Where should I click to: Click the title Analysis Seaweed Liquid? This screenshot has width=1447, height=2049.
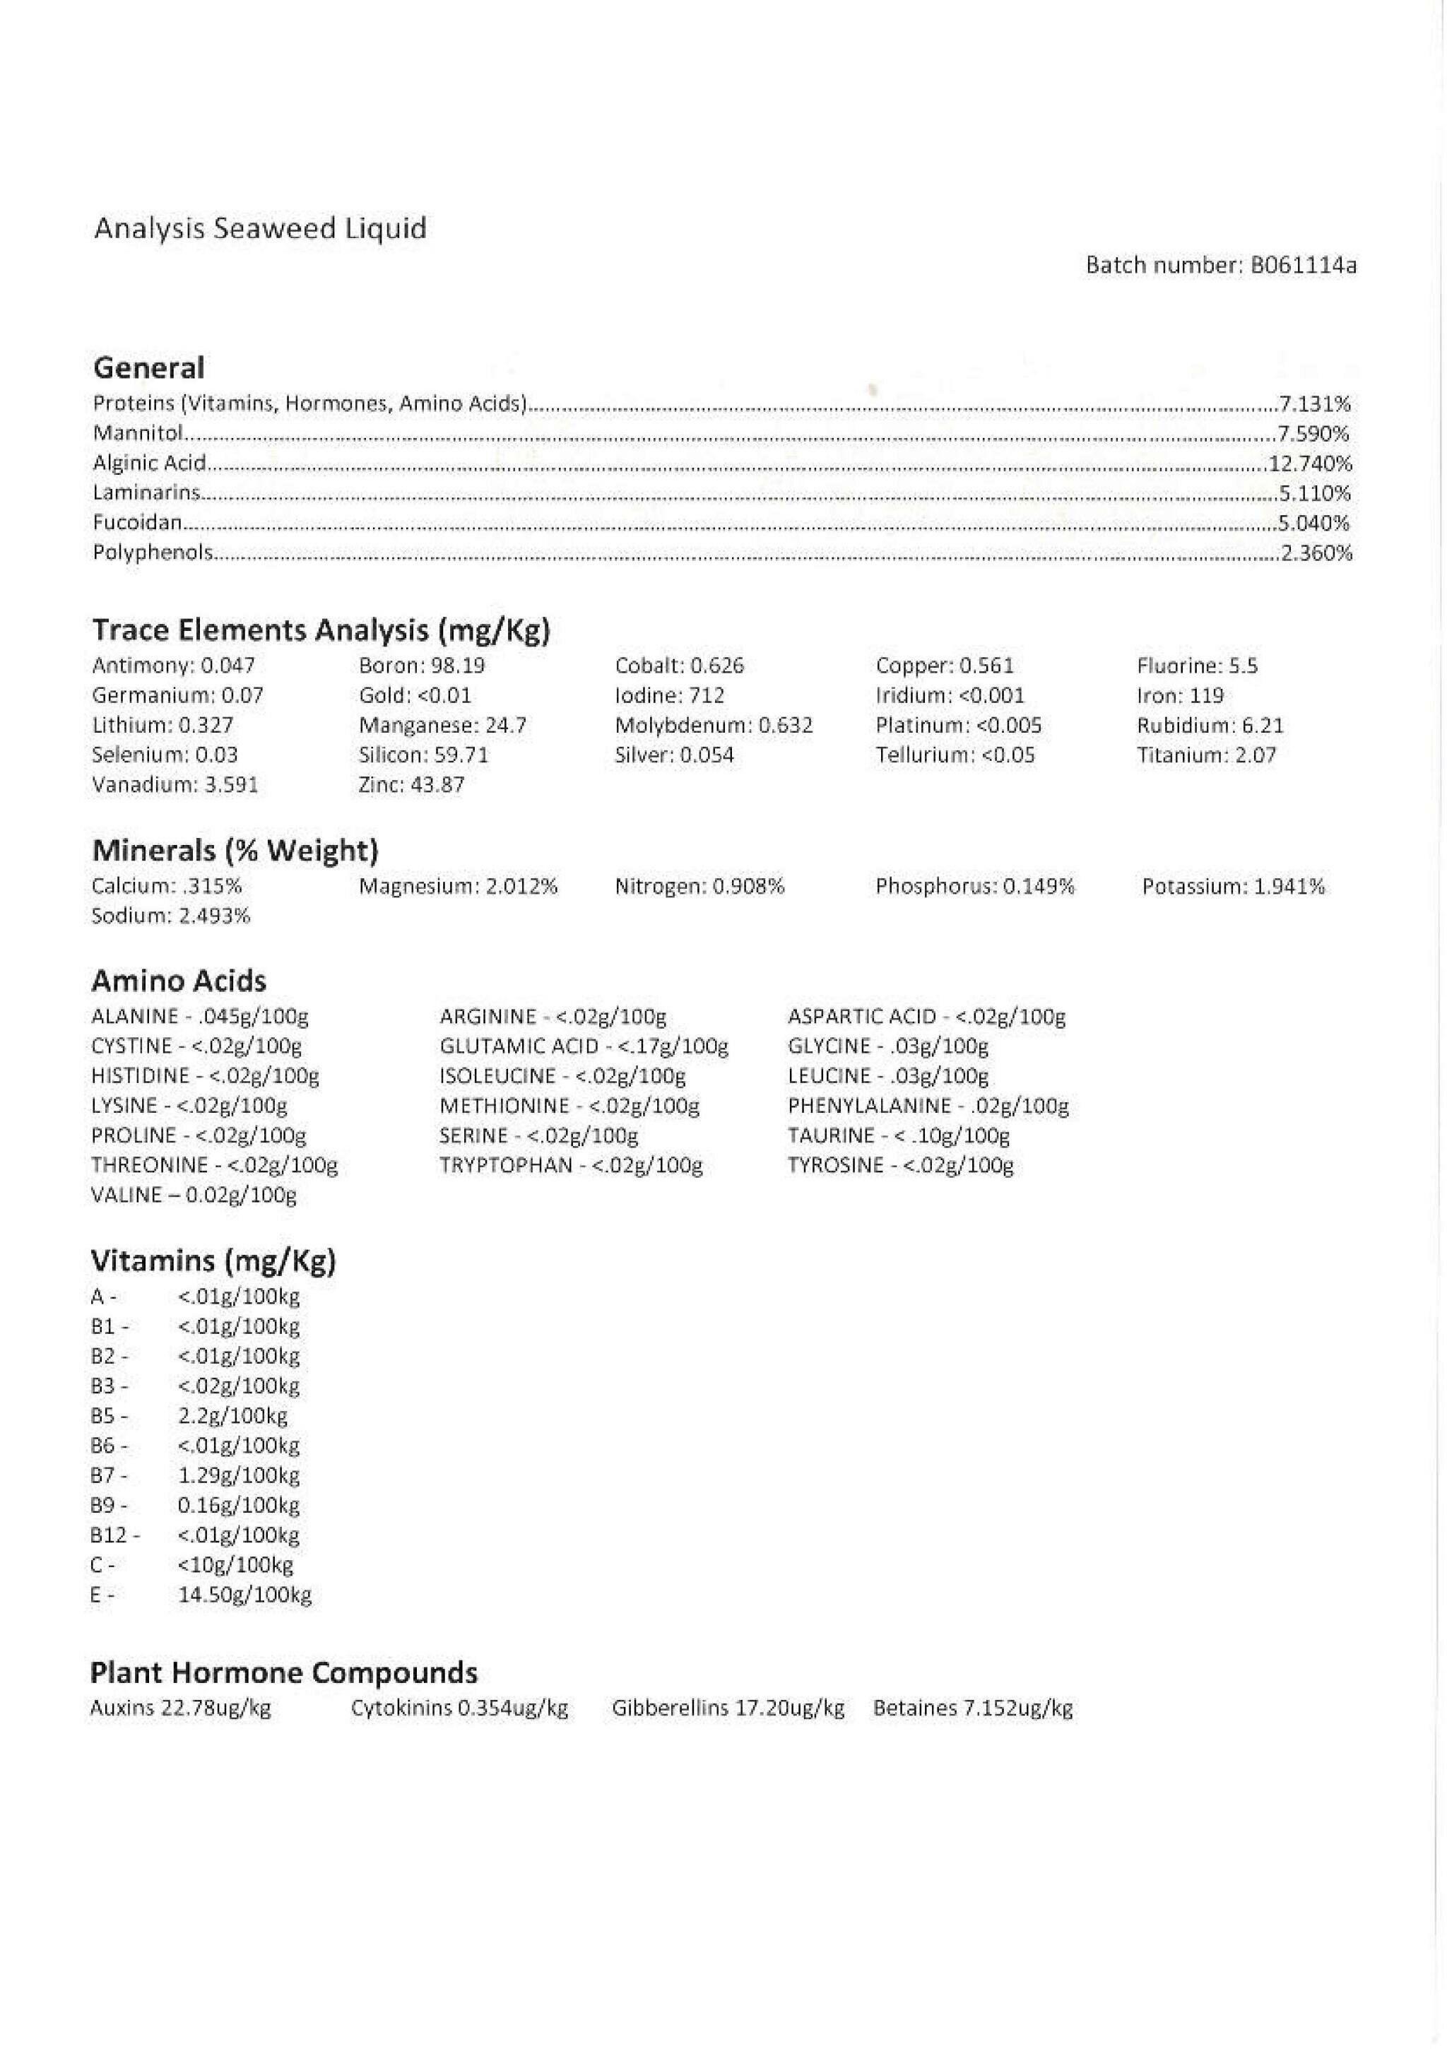point(260,230)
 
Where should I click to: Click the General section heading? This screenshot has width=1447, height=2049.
point(149,367)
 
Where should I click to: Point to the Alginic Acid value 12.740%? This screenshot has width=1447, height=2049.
point(1309,463)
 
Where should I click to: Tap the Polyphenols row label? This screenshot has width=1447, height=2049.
point(153,553)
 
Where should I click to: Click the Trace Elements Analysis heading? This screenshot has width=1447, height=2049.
point(321,631)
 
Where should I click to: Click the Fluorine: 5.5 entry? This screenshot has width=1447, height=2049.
point(1197,666)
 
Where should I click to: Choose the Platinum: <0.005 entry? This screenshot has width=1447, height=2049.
point(959,726)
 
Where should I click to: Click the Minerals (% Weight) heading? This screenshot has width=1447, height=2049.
point(236,851)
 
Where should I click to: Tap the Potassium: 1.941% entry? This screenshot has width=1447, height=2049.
point(1234,886)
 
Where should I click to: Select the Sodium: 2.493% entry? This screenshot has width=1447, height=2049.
point(170,916)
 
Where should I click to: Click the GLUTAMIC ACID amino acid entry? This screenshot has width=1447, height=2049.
point(584,1046)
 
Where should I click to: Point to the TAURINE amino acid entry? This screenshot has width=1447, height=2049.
point(898,1135)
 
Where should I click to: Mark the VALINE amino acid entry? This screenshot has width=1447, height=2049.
point(194,1195)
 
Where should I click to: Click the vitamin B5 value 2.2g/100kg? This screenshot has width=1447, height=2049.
point(233,1415)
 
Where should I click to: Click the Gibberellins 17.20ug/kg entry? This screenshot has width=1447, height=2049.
point(728,1708)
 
